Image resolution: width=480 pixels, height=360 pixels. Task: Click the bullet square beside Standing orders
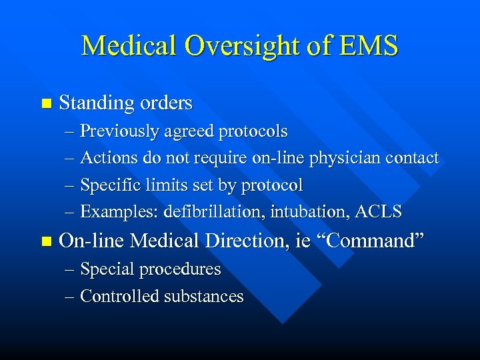tap(45, 104)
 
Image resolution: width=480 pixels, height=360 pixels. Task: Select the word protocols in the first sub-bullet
tap(253, 131)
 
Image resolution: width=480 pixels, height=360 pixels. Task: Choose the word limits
tap(162, 185)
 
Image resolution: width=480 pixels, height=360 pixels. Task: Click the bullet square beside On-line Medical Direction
tap(45, 241)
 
